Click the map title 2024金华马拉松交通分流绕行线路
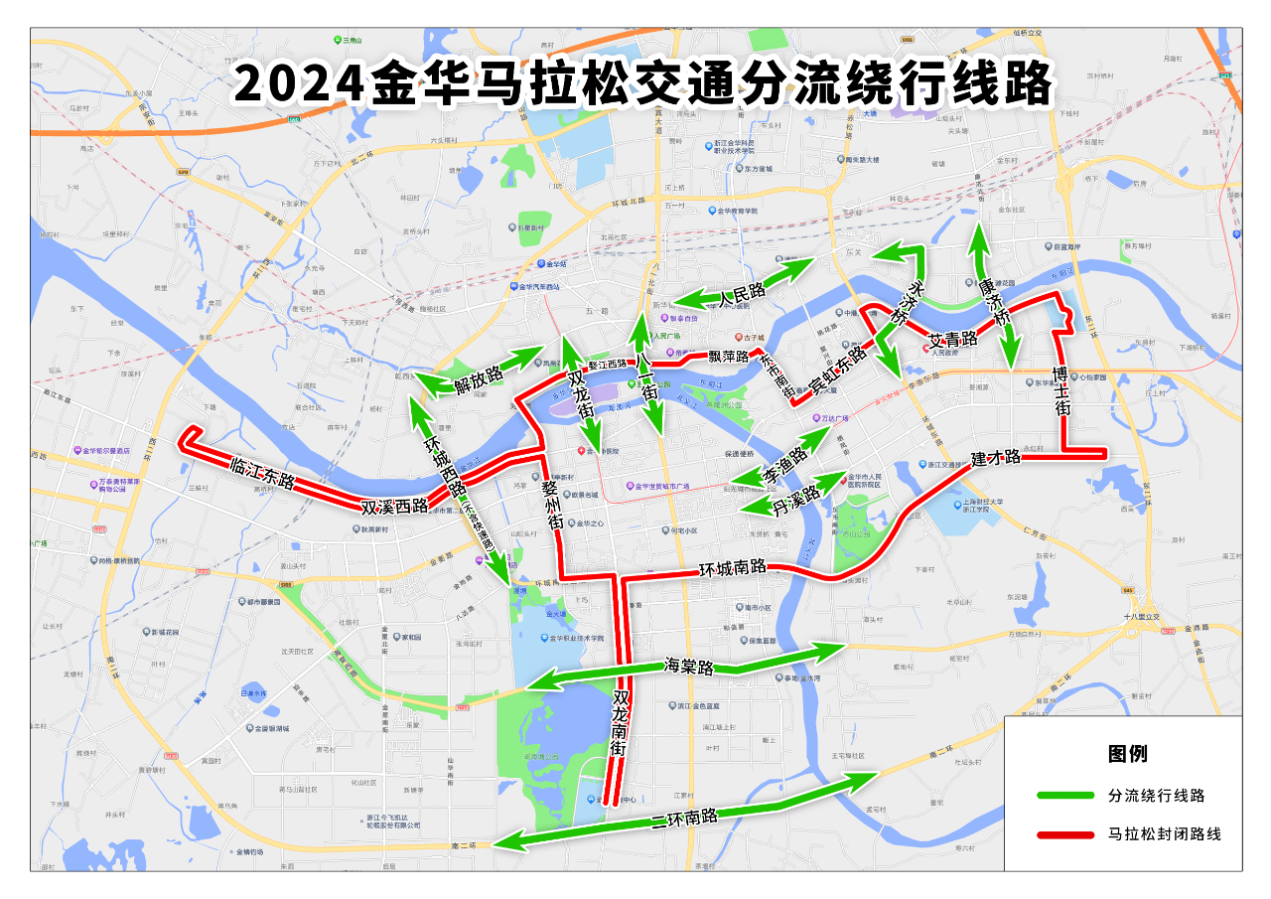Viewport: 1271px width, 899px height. pyautogui.click(x=643, y=84)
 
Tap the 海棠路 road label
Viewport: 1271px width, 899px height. pyautogui.click(x=689, y=667)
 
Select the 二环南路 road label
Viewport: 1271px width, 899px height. pyautogui.click(x=684, y=820)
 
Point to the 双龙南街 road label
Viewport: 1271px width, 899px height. pyautogui.click(x=622, y=726)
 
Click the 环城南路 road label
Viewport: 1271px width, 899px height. pyautogui.click(x=733, y=568)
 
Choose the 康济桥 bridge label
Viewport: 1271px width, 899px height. pyautogui.click(x=994, y=302)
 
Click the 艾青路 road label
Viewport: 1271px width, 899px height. pyautogui.click(x=952, y=340)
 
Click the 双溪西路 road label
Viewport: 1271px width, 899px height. pyautogui.click(x=393, y=506)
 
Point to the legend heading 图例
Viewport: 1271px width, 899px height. pyautogui.click(x=1127, y=753)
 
